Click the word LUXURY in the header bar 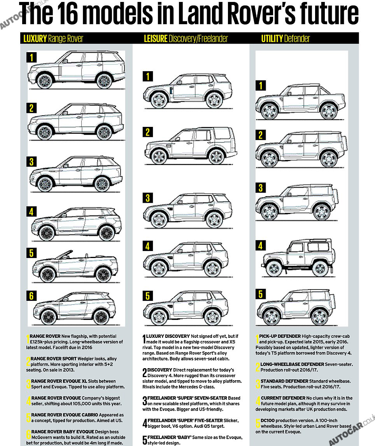tap(35, 39)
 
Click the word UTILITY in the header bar tap(272, 39)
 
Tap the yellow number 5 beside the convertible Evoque tap(32, 253)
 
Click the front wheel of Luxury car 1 tap(45, 81)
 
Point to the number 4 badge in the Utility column tap(261, 246)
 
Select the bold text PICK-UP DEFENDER tap(280, 336)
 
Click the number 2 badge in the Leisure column tap(147, 132)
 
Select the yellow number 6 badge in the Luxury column tap(32, 296)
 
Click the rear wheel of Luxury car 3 tap(103, 184)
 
